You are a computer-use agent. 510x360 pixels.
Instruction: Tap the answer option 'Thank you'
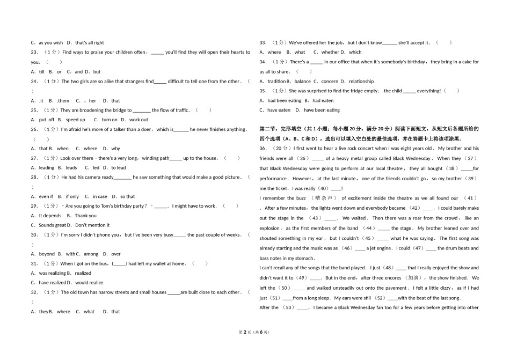point(85,216)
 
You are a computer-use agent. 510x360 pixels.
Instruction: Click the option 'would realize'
point(89,283)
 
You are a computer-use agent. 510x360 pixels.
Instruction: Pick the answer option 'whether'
point(330,53)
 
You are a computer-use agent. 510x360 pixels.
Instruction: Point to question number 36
point(263,149)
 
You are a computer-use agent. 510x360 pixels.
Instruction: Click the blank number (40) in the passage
point(324,189)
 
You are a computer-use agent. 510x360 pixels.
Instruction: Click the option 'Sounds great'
point(53,225)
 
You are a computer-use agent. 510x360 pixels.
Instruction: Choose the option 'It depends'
point(50,216)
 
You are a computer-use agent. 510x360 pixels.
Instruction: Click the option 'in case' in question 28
point(100,196)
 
